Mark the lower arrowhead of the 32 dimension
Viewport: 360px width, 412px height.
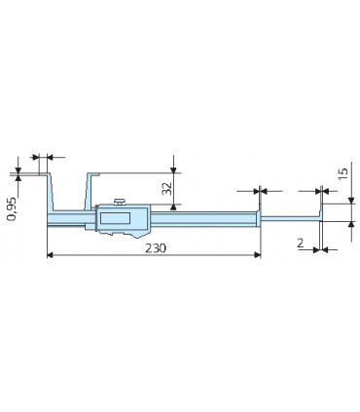(x=173, y=203)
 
